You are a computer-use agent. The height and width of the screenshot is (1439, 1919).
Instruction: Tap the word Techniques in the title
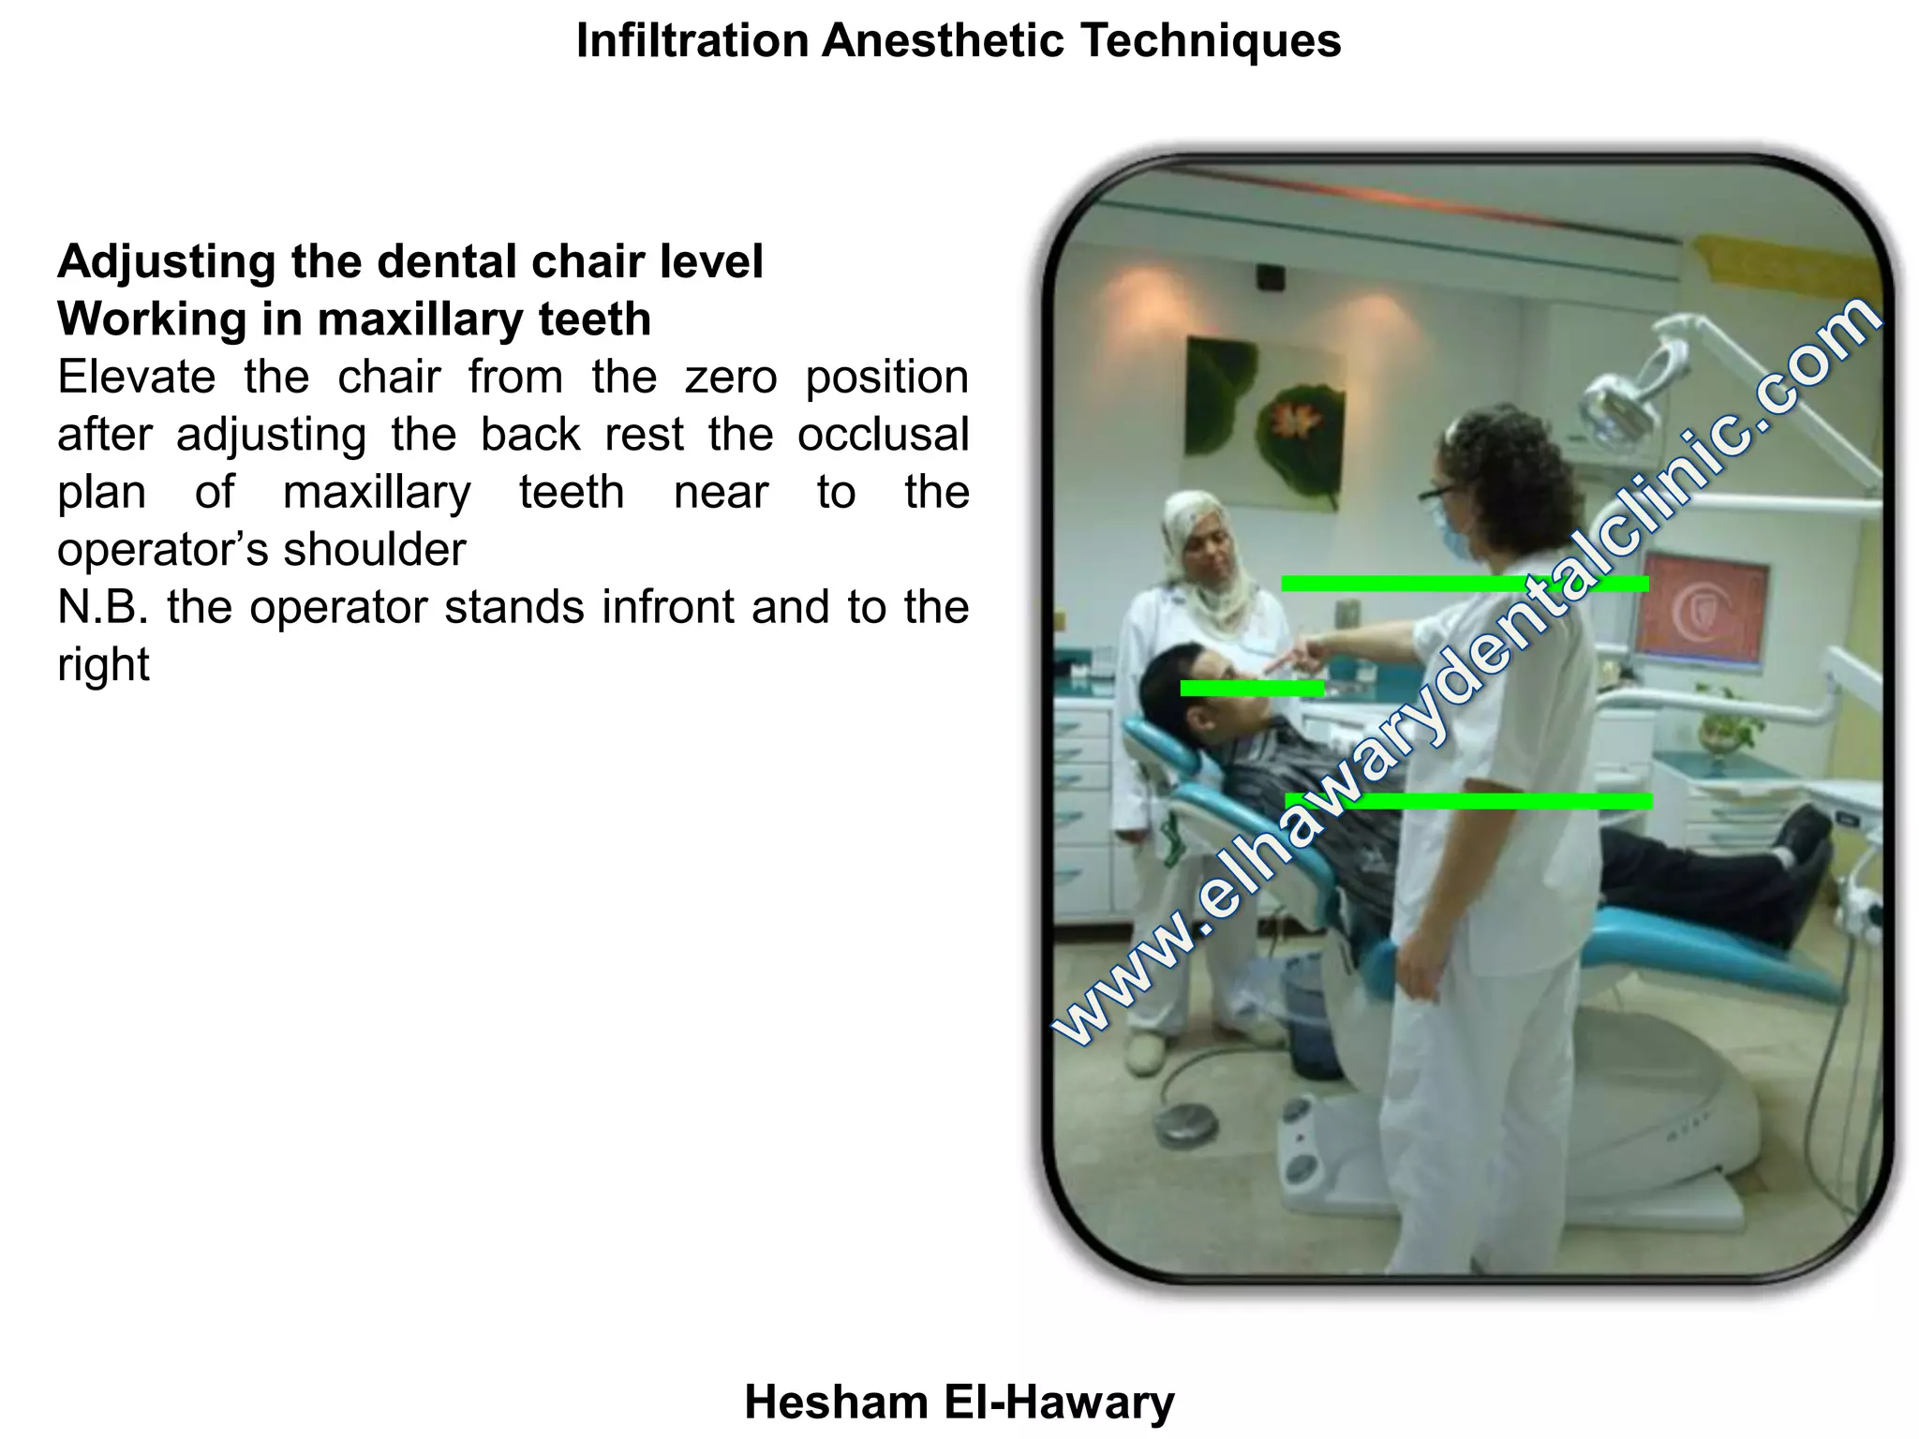(1210, 41)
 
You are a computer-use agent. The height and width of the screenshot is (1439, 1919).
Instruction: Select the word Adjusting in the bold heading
(166, 262)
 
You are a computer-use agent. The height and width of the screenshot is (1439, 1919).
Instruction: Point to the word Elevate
(136, 378)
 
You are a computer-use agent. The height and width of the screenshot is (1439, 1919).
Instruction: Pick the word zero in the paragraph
(731, 378)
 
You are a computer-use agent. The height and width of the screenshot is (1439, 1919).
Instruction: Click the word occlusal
(883, 436)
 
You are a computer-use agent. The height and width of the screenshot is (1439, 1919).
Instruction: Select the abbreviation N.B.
(103, 607)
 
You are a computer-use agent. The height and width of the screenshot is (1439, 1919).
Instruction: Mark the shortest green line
(1252, 689)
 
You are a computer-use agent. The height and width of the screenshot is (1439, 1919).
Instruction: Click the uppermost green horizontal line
(1464, 584)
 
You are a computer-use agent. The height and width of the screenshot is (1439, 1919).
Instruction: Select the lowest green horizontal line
(1468, 801)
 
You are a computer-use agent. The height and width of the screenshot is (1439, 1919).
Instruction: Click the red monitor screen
(1703, 615)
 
